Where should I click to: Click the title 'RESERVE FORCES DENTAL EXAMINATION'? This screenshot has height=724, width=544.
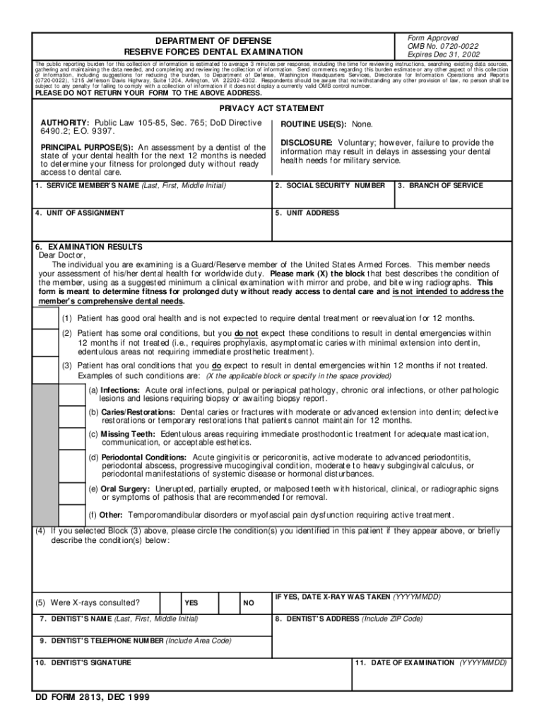pyautogui.click(x=213, y=52)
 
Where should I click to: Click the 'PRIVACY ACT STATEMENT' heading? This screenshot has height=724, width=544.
pyautogui.click(x=272, y=108)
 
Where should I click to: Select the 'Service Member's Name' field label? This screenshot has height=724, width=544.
pyautogui.click(x=131, y=185)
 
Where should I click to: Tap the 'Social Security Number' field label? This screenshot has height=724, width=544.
pyautogui.click(x=330, y=185)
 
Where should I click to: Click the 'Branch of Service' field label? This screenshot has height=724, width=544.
pyautogui.click(x=440, y=185)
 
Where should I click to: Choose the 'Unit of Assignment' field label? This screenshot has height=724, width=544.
pyautogui.click(x=80, y=213)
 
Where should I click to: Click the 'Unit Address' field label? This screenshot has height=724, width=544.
pyautogui.click(x=307, y=213)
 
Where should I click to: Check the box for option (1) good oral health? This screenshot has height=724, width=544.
pyautogui.click(x=47, y=317)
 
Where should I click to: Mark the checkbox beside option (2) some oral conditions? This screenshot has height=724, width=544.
pyautogui.click(x=47, y=341)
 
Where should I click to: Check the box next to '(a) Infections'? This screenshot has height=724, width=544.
pyautogui.click(x=72, y=395)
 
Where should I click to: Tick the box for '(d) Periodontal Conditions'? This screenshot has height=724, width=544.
pyautogui.click(x=72, y=466)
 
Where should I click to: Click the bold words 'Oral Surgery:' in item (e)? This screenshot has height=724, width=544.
pyautogui.click(x=125, y=489)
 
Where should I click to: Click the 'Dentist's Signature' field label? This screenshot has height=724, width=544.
pyautogui.click(x=84, y=662)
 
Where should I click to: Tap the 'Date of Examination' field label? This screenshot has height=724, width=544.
pyautogui.click(x=431, y=662)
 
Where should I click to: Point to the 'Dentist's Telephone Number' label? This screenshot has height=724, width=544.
pyautogui.click(x=135, y=641)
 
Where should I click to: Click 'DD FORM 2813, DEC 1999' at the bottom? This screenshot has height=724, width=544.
pyautogui.click(x=93, y=697)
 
